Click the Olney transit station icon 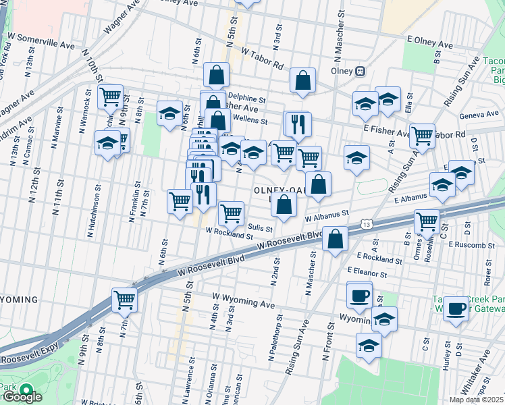[361, 71]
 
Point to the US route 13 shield [367, 223]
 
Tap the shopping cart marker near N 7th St [124, 298]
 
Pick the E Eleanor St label [367, 272]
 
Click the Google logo [22, 397]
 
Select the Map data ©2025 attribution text [477, 400]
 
